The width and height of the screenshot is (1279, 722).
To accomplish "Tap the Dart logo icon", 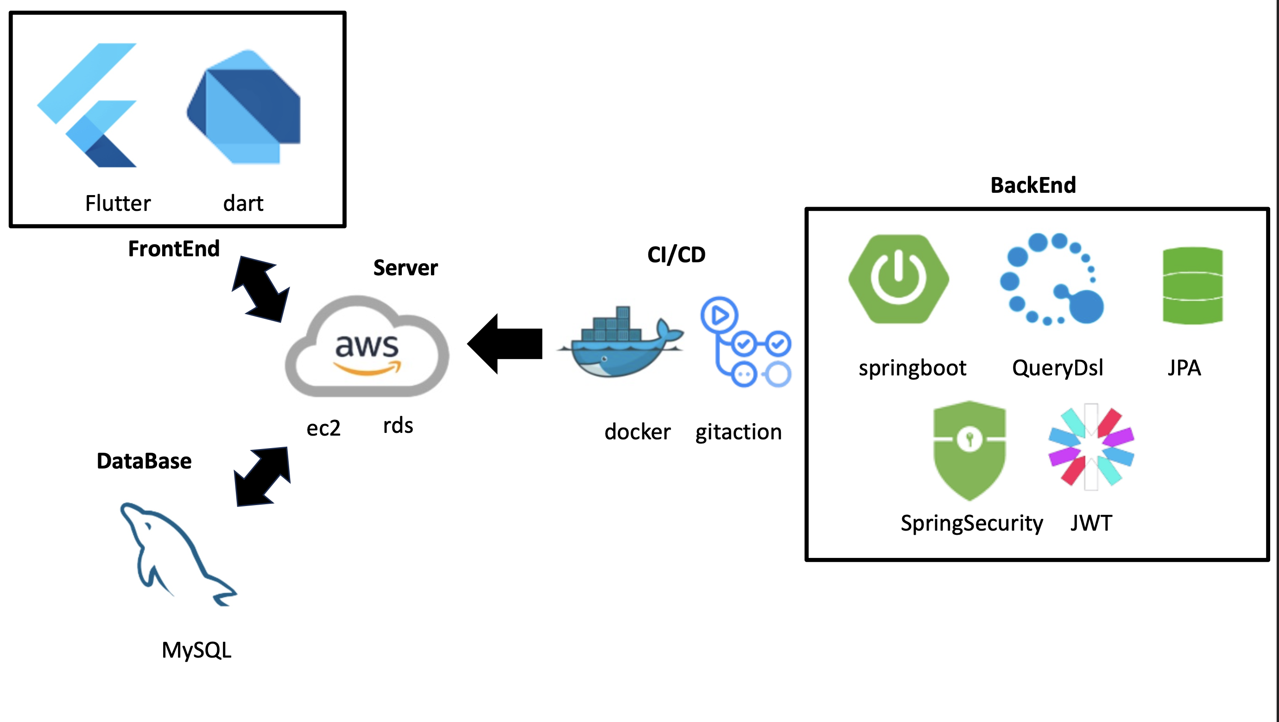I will pyautogui.click(x=243, y=107).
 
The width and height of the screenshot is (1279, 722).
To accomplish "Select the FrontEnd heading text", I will pyautogui.click(x=174, y=249).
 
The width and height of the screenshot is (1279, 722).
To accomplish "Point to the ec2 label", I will pyautogui.click(x=323, y=428).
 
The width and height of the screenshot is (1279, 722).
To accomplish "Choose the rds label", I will pyautogui.click(x=398, y=425).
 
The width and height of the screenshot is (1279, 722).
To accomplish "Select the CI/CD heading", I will pyautogui.click(x=676, y=255).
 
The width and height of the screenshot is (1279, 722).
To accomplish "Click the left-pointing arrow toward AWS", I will pyautogui.click(x=506, y=343).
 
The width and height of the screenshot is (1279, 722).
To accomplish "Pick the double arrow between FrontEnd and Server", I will pyautogui.click(x=260, y=289).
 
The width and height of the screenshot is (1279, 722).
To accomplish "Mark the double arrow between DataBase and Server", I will pyautogui.click(x=262, y=477).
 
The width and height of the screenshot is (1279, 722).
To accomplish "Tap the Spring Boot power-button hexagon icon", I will pyautogui.click(x=899, y=279).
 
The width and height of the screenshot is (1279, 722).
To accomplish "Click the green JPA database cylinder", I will pyautogui.click(x=1193, y=285).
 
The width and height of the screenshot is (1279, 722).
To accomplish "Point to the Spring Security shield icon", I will pyautogui.click(x=969, y=450).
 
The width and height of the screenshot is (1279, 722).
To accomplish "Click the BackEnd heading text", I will pyautogui.click(x=1033, y=185).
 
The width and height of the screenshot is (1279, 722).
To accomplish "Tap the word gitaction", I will pyautogui.click(x=738, y=432).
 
